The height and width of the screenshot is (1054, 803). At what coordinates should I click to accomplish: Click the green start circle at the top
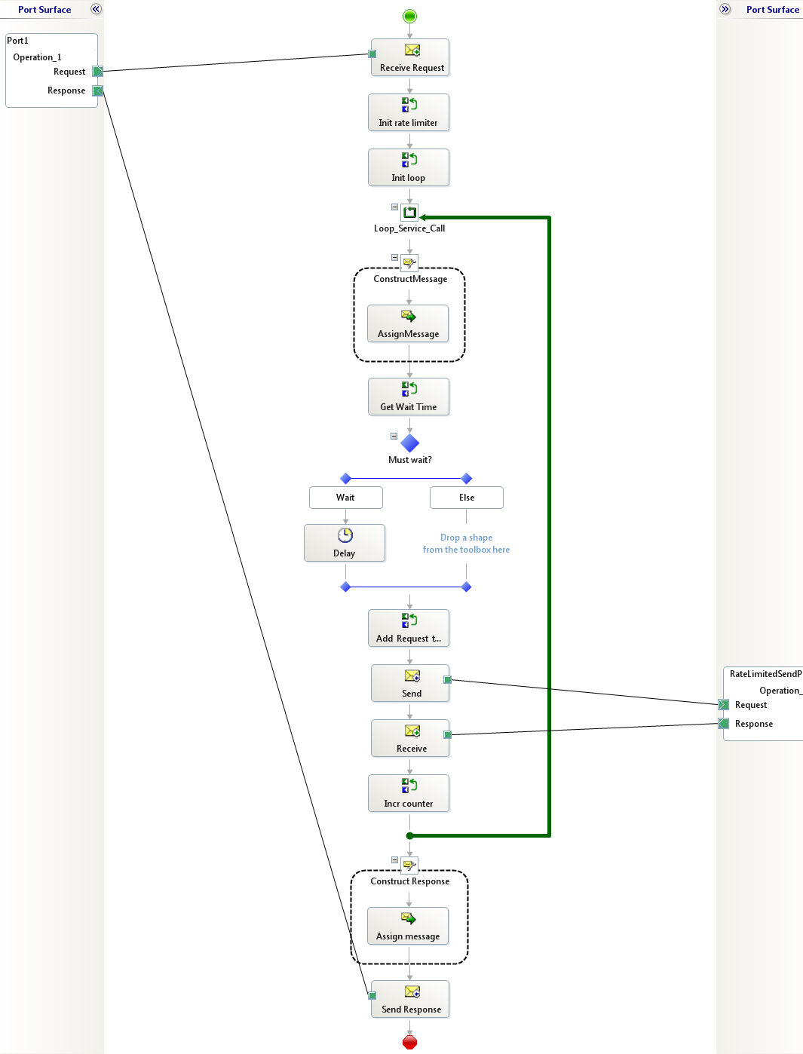coord(409,16)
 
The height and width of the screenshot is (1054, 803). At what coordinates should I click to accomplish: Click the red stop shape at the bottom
coord(409,1042)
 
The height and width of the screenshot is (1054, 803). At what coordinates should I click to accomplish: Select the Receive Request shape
coord(410,57)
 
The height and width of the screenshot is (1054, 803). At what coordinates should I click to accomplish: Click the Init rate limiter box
coord(409,112)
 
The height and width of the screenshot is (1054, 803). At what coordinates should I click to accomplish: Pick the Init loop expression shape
coord(409,167)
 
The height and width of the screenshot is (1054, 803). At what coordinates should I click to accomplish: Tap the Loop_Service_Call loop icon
coord(409,213)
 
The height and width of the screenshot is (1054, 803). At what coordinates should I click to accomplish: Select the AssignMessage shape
coord(408,323)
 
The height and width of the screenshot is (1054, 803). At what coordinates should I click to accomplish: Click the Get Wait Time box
coord(409,397)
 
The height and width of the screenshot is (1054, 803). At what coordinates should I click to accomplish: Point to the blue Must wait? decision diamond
coord(409,443)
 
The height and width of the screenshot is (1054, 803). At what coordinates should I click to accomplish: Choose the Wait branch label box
coord(346,498)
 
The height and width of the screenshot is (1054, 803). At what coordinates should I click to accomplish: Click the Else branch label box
coord(467,498)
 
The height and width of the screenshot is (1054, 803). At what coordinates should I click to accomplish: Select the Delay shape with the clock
coord(345,543)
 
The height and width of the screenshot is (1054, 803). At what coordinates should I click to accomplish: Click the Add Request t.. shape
coord(409,628)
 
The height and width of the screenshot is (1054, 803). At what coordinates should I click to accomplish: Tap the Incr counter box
coord(409,793)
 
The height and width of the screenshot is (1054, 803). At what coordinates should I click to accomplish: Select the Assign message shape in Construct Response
coord(408,926)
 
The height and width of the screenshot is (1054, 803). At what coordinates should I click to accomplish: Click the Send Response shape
coord(410,999)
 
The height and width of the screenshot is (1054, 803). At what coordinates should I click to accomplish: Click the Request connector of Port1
coord(97,72)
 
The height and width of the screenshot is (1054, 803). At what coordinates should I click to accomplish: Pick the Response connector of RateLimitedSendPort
coord(724,724)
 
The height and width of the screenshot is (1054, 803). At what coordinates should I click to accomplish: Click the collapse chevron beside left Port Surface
coord(96,9)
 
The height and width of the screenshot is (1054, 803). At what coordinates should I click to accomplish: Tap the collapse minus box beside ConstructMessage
coord(394,258)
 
